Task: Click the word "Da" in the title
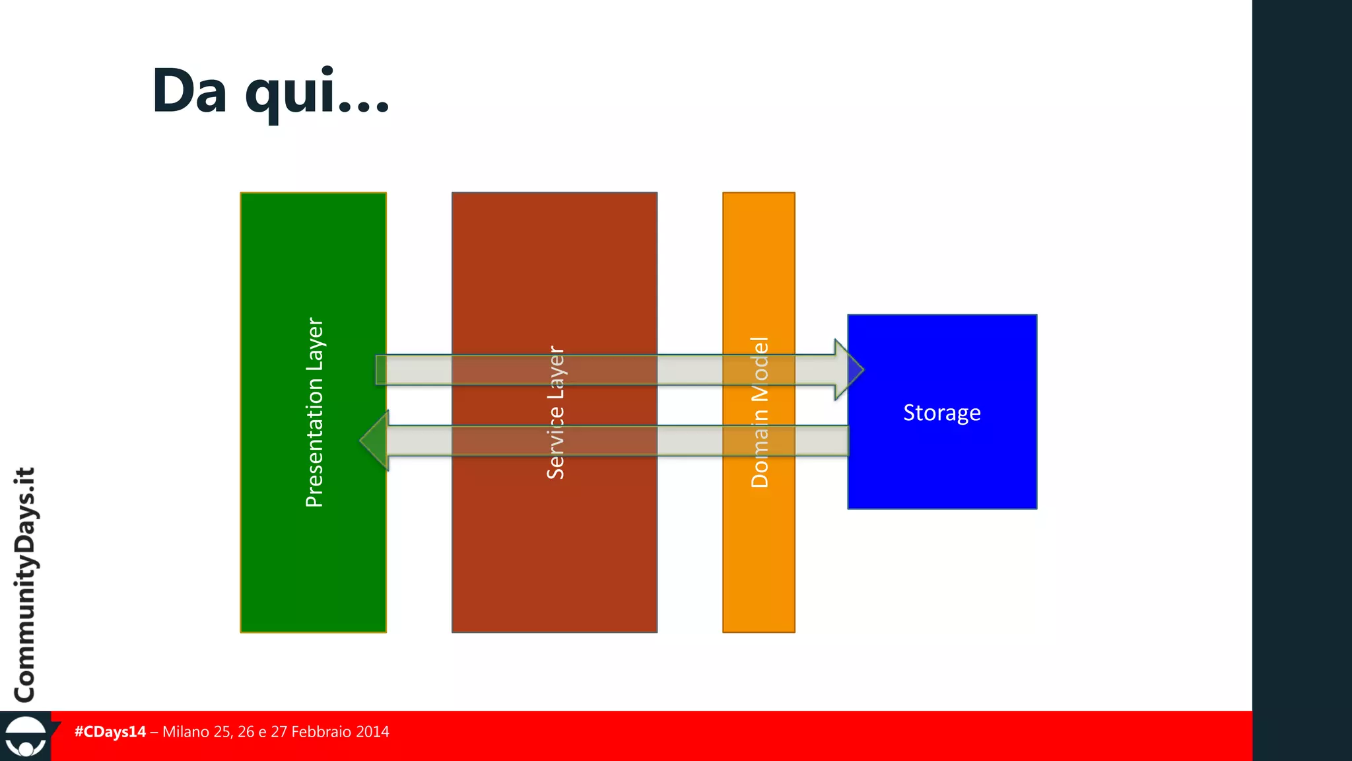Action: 189,91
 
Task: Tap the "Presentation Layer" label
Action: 314,412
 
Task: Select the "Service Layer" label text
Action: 555,412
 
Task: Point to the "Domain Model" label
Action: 760,412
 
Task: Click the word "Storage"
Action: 941,413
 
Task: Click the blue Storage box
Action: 942,476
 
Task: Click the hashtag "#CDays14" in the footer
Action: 110,732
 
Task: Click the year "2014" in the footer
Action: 372,732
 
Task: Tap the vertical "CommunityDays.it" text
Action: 25,585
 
